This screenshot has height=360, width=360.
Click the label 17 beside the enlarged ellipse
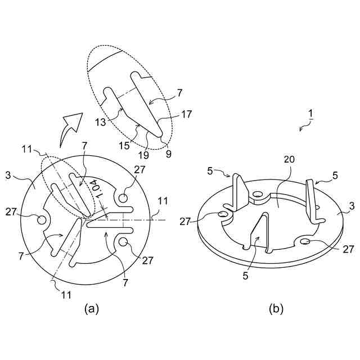tap(187, 114)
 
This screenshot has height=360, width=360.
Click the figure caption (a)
tap(91, 308)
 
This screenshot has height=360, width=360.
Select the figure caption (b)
tap(276, 308)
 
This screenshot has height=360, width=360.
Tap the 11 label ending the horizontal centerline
tap(163, 200)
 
